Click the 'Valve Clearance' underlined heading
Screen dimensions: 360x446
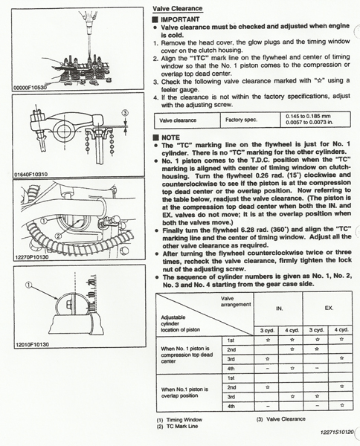click(x=177, y=8)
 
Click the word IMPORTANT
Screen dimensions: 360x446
click(x=180, y=19)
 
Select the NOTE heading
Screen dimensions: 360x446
click(x=170, y=138)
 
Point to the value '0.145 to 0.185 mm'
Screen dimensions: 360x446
click(x=308, y=117)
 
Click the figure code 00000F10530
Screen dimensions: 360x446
click(x=30, y=87)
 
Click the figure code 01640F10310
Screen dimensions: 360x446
click(x=31, y=174)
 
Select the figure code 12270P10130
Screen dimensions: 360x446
click(x=31, y=257)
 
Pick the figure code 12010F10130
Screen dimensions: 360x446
click(x=32, y=344)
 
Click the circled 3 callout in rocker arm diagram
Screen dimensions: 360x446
click(x=125, y=113)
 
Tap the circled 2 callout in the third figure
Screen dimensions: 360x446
click(x=58, y=236)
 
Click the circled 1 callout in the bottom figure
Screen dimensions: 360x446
click(x=29, y=285)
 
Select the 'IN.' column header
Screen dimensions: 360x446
click(x=279, y=308)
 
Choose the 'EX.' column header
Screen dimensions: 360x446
click(x=329, y=308)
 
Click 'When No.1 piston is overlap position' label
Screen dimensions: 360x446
click(x=184, y=392)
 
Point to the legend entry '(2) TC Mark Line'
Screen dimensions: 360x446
click(x=177, y=427)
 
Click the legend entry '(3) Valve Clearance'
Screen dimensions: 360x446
click(x=280, y=419)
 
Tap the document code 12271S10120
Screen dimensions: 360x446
click(x=337, y=433)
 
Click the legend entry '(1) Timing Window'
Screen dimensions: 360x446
click(x=179, y=419)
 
